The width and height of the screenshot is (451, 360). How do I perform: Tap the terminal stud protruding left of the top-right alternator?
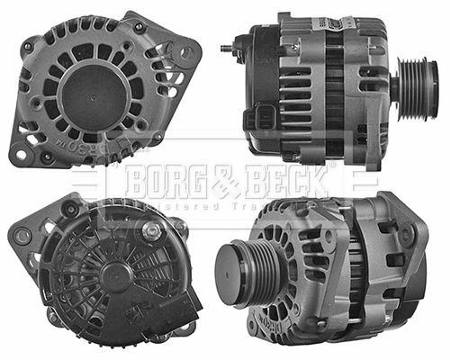(x=226, y=42)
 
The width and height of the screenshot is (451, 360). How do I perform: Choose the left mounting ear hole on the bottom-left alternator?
(x=22, y=236)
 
